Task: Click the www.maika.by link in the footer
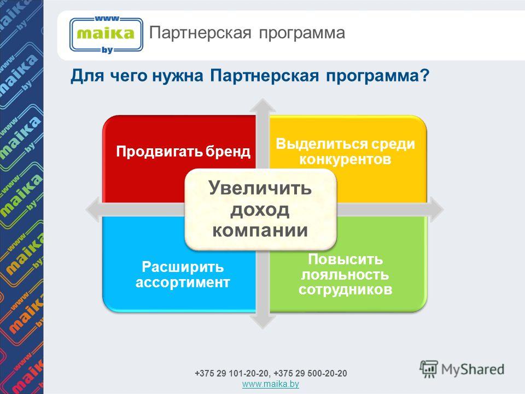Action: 271,384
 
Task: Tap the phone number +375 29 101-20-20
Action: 232,373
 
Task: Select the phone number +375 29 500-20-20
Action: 311,373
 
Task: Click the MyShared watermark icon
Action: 429,369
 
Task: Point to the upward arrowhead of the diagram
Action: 263,105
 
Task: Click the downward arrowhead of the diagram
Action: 263,322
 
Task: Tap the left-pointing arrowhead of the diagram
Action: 93,210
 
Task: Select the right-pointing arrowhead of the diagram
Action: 436,210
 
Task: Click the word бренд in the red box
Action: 227,152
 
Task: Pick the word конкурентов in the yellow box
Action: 345,159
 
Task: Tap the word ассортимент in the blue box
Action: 183,282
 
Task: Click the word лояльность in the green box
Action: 345,274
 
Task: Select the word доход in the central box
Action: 260,210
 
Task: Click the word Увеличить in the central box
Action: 260,188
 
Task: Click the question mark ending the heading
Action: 425,75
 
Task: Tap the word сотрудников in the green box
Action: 345,289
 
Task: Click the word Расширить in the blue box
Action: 183,267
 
